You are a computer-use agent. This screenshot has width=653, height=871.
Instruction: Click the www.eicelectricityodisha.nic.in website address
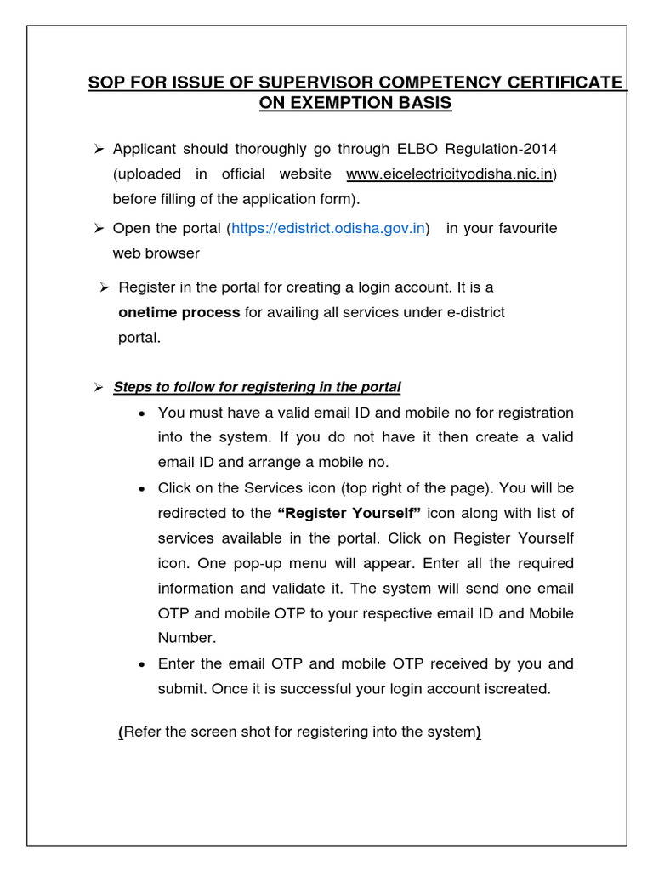pos(450,174)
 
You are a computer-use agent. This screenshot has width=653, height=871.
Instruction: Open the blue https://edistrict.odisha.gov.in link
pos(328,229)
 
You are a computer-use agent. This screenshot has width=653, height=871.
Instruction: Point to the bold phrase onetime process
pos(179,312)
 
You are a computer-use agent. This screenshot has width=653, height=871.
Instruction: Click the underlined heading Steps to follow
pos(256,387)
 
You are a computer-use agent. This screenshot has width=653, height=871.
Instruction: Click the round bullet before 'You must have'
pos(141,413)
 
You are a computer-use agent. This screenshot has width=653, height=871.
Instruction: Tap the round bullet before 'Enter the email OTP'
pos(141,663)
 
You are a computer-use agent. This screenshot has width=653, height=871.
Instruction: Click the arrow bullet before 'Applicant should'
pos(98,150)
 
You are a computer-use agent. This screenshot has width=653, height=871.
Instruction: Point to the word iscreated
pos(518,689)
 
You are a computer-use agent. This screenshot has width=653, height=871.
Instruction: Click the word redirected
pos(194,513)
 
